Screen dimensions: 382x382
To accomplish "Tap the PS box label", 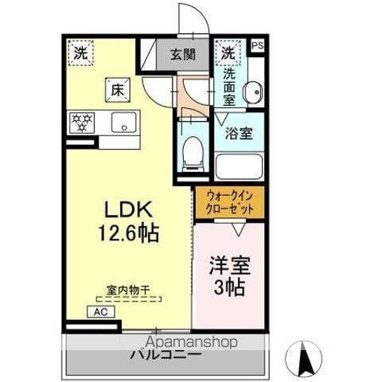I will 256,46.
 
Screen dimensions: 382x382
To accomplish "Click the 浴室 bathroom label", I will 238,133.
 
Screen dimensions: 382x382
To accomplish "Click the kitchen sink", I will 123,123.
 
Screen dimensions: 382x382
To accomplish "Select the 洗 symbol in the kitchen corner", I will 81,54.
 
